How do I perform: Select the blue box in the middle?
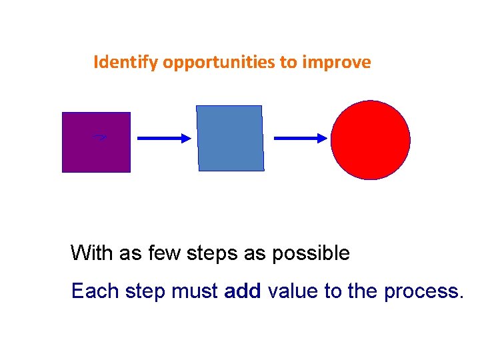(230, 138)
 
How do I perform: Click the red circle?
(371, 140)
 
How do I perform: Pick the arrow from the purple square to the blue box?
(163, 138)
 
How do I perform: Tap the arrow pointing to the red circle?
(301, 138)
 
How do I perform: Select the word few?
(153, 253)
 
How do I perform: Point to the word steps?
(201, 254)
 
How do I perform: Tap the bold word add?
(243, 291)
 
